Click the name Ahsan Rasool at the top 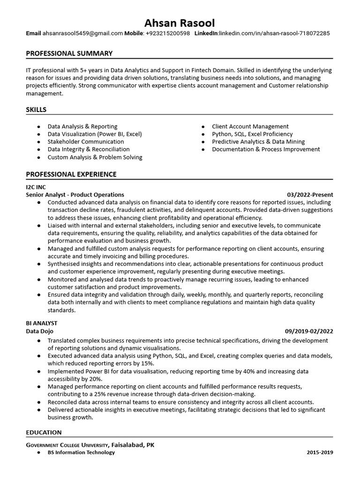(180, 23)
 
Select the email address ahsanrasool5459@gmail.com (82, 34)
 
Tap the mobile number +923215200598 (167, 34)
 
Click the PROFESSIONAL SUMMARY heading (69, 53)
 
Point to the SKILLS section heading (36, 110)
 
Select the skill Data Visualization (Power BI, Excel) (94, 134)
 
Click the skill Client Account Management (250, 127)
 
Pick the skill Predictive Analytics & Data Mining (258, 142)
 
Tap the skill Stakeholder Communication (86, 142)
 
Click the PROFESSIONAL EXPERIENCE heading (71, 174)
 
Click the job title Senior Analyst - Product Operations (75, 195)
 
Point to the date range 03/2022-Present (310, 195)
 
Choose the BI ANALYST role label (42, 323)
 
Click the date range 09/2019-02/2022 (309, 331)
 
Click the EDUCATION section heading (44, 432)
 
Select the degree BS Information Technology (81, 452)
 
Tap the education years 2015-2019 (320, 452)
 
